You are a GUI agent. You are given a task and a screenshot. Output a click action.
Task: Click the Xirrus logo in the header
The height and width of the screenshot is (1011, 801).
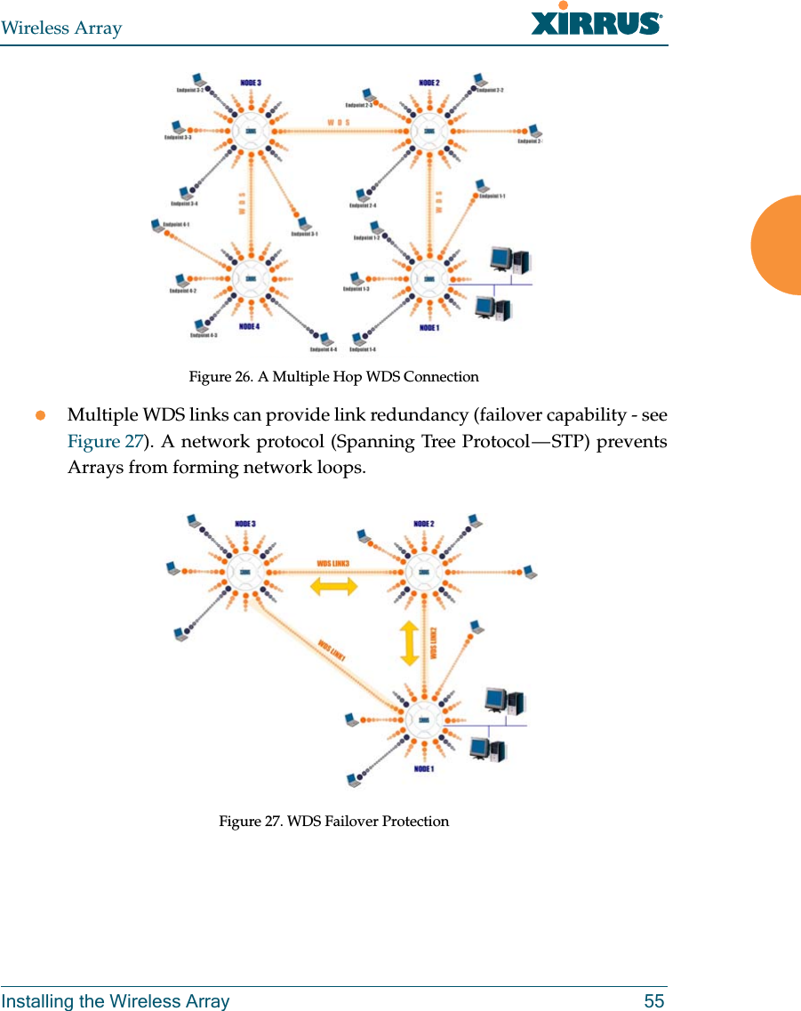coord(596,21)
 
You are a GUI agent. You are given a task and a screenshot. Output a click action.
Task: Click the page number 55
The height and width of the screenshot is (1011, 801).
coord(653,1001)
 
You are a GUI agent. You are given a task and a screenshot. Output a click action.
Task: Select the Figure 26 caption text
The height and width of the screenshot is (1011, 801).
coord(333,377)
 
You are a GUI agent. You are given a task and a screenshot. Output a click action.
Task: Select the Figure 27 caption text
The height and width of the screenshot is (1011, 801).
coord(333,822)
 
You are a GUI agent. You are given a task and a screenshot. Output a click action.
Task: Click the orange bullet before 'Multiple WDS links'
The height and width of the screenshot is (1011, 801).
coord(40,416)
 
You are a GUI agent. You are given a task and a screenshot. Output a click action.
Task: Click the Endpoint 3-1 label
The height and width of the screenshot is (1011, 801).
coord(304,235)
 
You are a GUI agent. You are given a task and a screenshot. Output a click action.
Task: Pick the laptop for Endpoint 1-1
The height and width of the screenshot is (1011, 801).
coord(481,186)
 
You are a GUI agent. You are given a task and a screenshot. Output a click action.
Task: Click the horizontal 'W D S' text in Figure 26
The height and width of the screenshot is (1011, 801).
coord(339,122)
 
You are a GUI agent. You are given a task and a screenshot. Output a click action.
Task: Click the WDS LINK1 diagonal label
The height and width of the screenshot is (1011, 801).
coord(331,647)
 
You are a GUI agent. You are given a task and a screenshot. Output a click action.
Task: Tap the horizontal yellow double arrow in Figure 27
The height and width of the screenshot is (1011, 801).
coord(333,586)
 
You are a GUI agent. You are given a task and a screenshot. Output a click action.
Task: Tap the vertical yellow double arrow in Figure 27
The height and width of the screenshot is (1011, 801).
coord(409,643)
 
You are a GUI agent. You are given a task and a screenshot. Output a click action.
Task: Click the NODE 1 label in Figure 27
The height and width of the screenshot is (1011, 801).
coord(423,769)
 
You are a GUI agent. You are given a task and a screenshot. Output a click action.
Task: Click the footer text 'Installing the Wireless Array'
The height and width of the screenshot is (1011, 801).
coord(115,1001)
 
